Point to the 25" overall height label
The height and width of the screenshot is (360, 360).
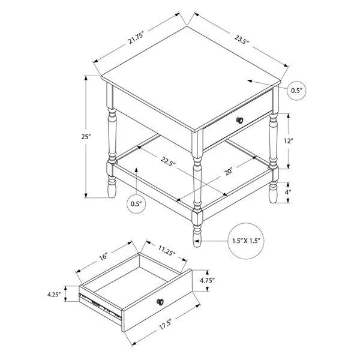[87, 137]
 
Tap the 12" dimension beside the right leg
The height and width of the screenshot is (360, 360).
[290, 141]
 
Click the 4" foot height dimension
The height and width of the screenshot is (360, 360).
[289, 192]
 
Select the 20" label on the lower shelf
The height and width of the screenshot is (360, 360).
[229, 173]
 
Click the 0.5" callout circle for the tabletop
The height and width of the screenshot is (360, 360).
[296, 90]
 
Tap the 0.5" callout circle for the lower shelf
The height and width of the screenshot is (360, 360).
[137, 204]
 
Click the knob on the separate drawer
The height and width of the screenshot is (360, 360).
[160, 302]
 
